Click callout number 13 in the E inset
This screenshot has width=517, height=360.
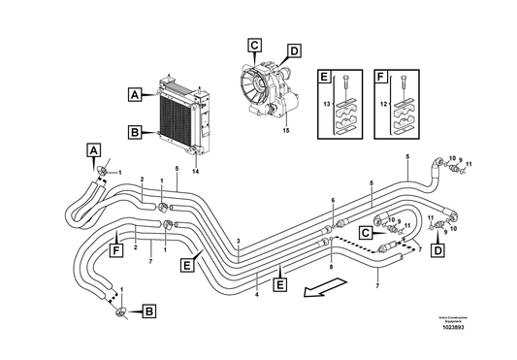pos(327,102)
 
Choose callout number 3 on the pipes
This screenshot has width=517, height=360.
pos(239,240)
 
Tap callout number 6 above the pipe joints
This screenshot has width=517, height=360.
pos(332,200)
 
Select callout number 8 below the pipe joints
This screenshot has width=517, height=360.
pos(330,265)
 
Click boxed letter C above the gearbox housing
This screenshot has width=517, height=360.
pos(253,44)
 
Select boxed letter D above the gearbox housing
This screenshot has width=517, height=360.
pos(294,49)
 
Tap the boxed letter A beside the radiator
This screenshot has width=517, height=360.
pos(134,95)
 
